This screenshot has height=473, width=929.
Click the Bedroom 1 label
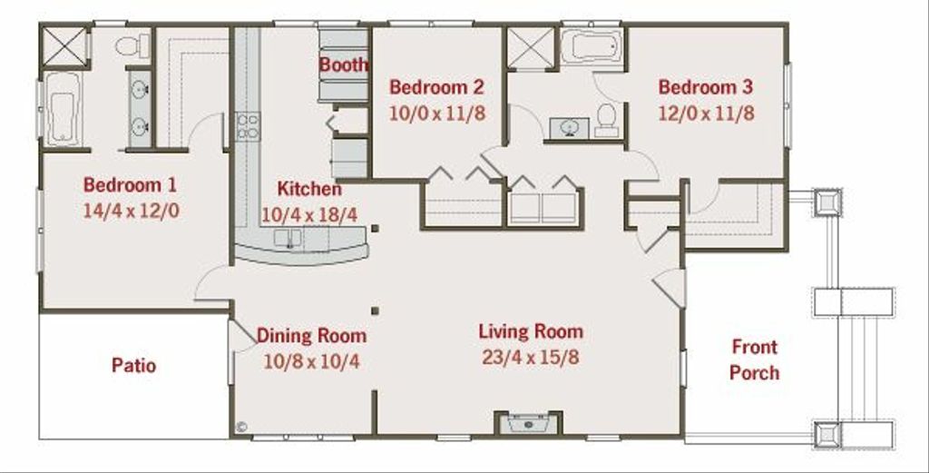coord(130,185)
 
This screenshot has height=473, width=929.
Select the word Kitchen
coord(309,189)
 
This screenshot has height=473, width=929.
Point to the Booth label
coord(344,64)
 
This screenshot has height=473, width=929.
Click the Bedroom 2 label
coord(436,87)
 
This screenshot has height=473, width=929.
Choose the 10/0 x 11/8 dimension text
coord(436,113)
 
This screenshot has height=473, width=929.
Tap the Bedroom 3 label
coord(705,87)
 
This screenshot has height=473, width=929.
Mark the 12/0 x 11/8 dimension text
coord(705,113)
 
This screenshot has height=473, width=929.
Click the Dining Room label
coord(311,336)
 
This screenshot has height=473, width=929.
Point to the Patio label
coord(133,366)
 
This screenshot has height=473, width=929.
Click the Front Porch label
coord(754,360)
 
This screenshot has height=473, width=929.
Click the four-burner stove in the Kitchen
coord(248,126)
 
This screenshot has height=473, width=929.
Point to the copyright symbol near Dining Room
coord(241,425)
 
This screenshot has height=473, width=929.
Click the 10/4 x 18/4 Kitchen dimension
coord(309,215)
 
